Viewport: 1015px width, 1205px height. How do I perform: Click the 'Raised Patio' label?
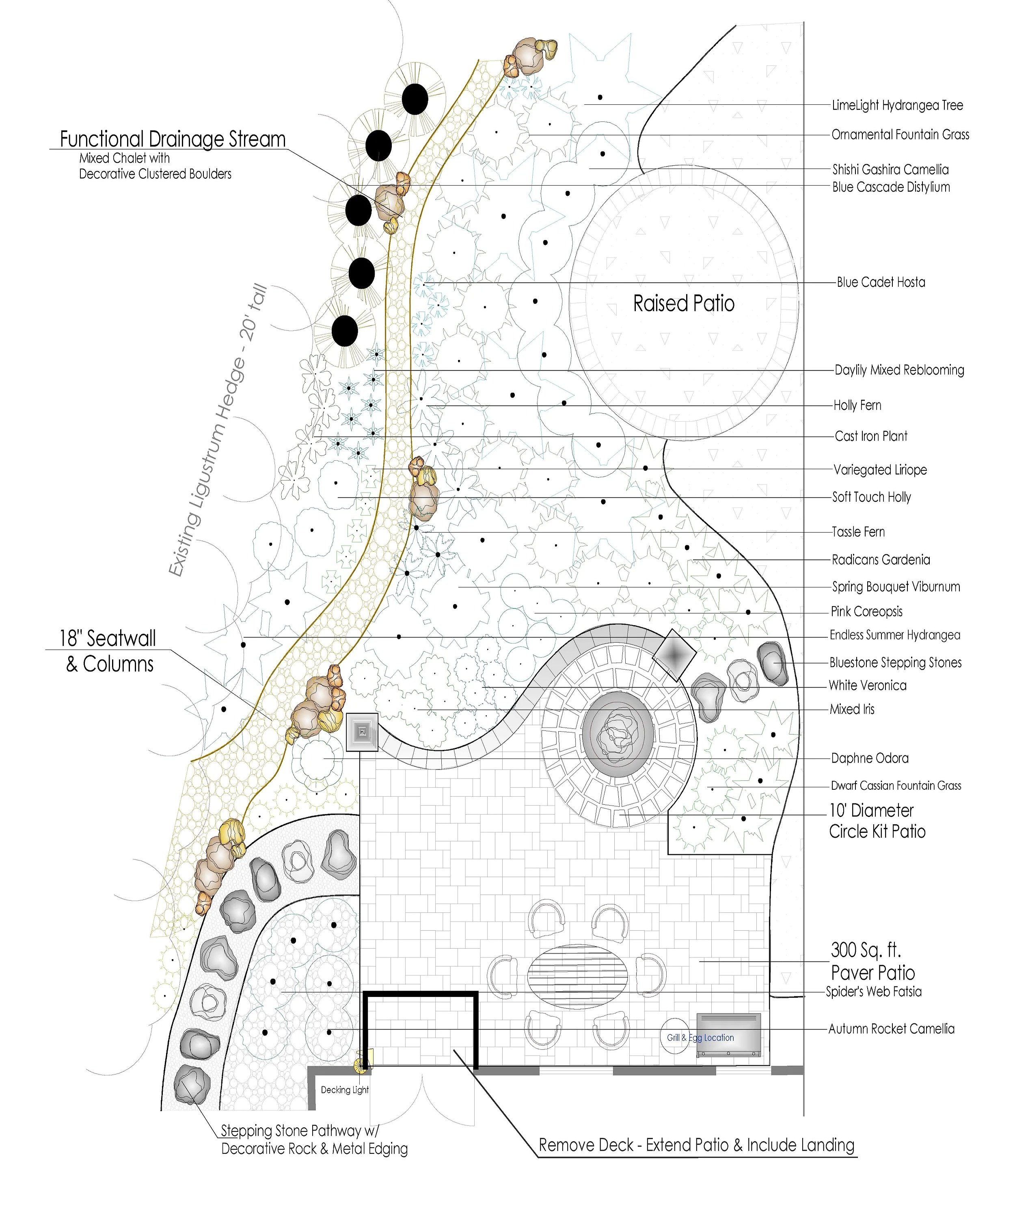tap(684, 303)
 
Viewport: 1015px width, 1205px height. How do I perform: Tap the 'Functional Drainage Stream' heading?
tap(173, 139)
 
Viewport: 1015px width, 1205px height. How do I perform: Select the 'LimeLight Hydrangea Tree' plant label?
tap(897, 105)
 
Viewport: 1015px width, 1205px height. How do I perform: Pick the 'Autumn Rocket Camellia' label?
tap(891, 1029)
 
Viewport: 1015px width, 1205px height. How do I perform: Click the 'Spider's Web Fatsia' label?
tap(873, 991)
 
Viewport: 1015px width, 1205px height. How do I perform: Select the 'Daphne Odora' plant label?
tap(869, 758)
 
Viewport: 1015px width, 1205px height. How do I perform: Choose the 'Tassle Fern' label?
tap(858, 532)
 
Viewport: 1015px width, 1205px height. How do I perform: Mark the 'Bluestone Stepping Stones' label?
tap(895, 663)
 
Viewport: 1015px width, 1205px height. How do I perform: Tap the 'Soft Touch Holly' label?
tap(872, 497)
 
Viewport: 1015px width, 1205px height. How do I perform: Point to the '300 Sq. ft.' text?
tap(866, 949)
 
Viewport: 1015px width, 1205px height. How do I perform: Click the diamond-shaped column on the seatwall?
tap(674, 654)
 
